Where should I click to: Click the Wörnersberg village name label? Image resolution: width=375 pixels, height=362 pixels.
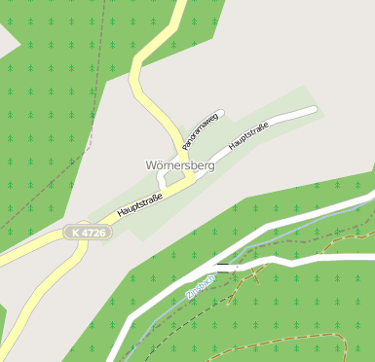pos(179,165)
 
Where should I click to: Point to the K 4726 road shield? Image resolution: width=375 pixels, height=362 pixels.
pos(88,233)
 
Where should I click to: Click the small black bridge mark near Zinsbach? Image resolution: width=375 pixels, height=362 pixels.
pos(224,265)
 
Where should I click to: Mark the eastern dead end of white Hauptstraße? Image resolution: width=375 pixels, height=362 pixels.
pos(315,110)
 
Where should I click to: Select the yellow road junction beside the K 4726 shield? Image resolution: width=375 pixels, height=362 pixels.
pos(82,246)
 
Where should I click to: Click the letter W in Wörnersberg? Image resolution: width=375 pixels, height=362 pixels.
pos(151,165)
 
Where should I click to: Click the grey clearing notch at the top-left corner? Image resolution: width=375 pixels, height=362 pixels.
pos(6,39)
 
